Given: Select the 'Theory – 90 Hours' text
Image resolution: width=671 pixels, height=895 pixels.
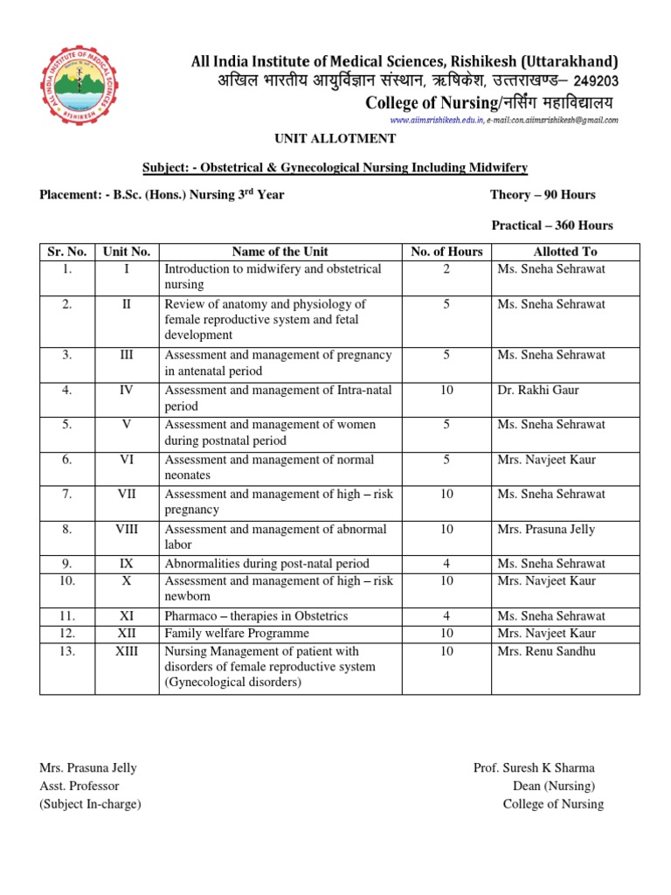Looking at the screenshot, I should [x=543, y=195].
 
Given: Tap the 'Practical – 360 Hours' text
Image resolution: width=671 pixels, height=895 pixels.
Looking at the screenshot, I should [x=552, y=225].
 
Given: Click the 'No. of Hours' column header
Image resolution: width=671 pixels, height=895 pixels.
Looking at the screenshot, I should [x=446, y=252].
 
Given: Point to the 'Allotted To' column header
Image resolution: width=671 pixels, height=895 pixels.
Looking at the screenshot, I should [x=565, y=252].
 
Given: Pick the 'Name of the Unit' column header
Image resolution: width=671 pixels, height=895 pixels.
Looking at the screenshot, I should [x=280, y=252].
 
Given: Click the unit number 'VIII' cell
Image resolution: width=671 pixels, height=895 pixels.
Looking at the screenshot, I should [x=127, y=529].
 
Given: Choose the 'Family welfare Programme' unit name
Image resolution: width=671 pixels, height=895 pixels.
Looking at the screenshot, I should [x=237, y=634].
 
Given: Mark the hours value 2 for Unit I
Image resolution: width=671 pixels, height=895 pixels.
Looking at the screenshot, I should [x=446, y=269].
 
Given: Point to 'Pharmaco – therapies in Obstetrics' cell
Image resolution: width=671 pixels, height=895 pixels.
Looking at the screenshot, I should [x=256, y=616].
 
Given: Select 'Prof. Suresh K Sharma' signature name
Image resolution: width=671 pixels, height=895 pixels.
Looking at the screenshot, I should [x=534, y=768].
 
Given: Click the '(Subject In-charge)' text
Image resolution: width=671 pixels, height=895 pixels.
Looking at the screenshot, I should [x=90, y=804].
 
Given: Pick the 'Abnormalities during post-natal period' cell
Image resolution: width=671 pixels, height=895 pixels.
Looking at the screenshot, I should [x=266, y=564].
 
